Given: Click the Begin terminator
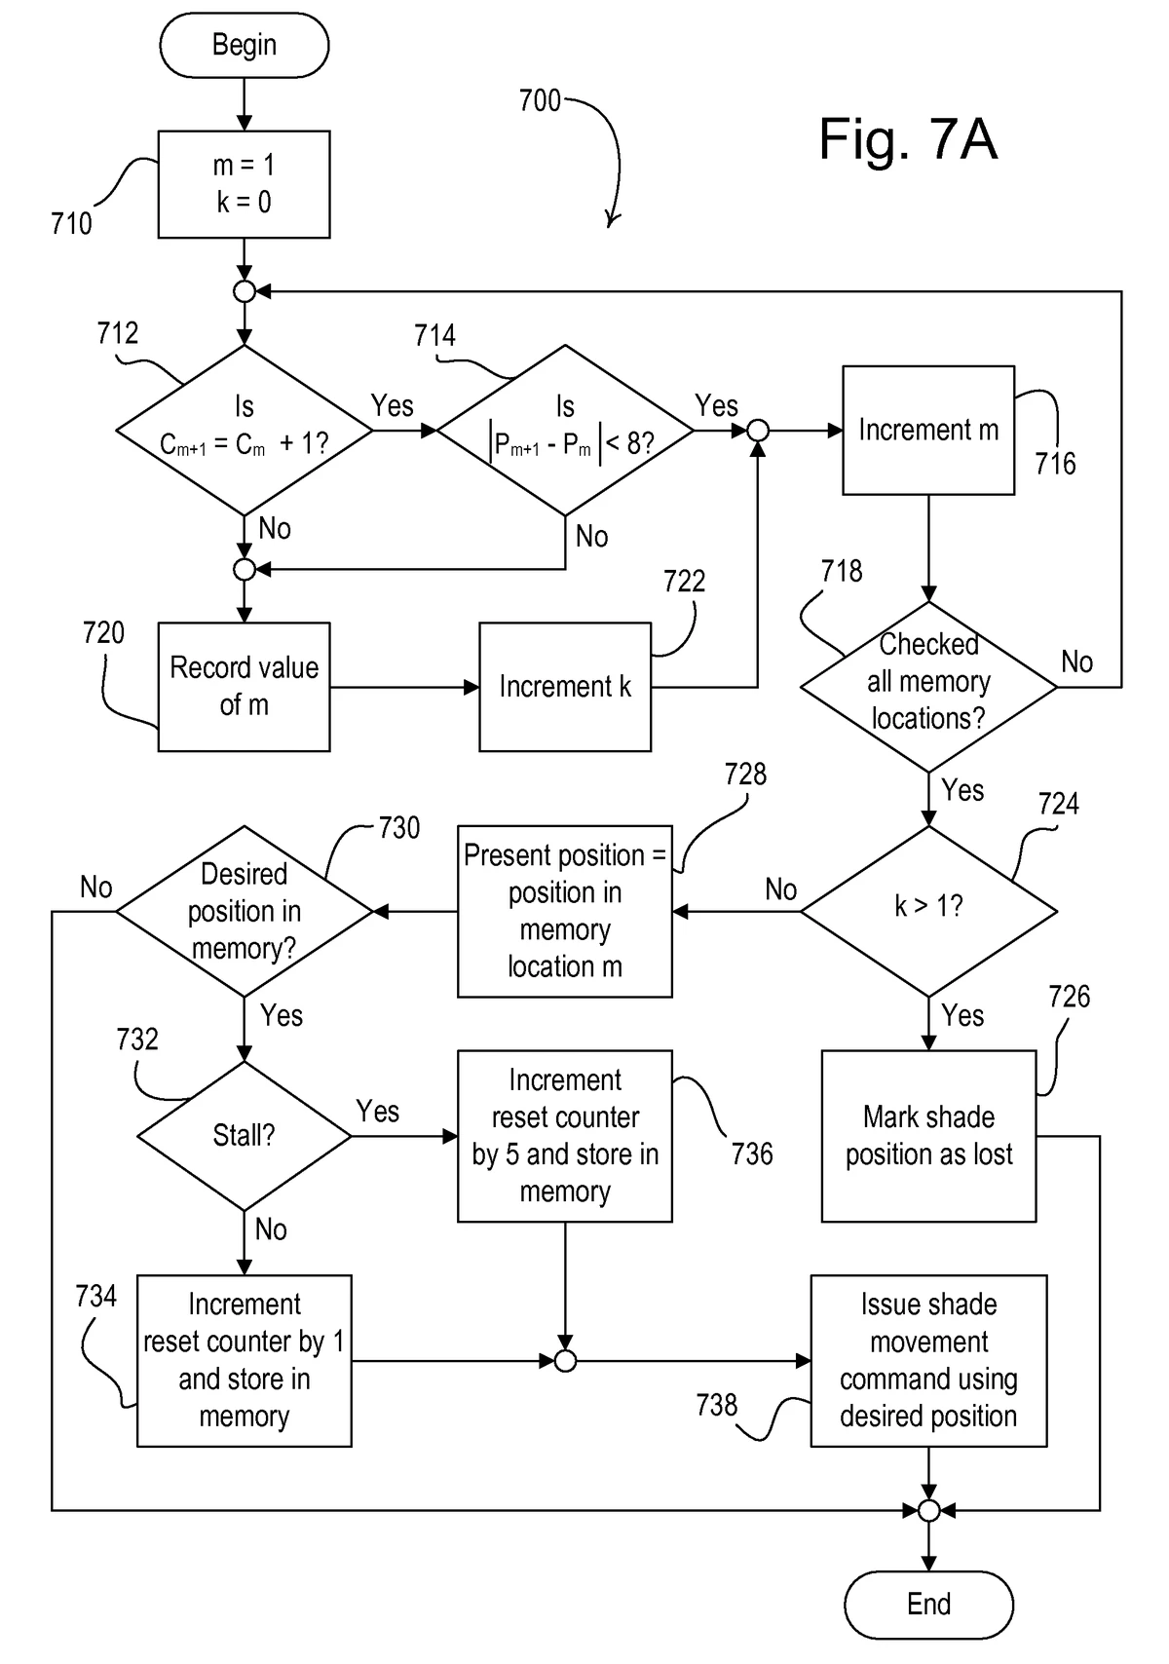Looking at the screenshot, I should (244, 45).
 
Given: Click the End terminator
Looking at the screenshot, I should (928, 1604).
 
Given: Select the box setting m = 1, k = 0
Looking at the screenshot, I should (244, 184).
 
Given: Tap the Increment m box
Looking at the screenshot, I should (928, 430).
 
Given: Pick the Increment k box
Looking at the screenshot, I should (565, 687).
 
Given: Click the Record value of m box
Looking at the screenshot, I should (244, 687).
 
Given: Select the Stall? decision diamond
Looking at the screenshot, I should (244, 1135).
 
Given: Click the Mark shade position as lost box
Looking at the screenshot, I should (928, 1136).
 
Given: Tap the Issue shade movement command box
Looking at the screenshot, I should (928, 1360).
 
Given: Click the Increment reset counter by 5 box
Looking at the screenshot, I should (565, 1136).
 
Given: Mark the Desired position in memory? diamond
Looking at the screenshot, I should (244, 911).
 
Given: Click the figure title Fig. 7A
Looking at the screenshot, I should (908, 138).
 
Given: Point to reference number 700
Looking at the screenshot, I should (540, 100).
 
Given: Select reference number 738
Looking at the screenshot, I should (716, 1405).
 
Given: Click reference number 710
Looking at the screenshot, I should (71, 224).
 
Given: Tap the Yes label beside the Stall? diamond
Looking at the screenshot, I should (378, 1112).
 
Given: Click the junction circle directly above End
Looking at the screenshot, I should (928, 1510).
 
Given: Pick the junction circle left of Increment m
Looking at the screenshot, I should (757, 430).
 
